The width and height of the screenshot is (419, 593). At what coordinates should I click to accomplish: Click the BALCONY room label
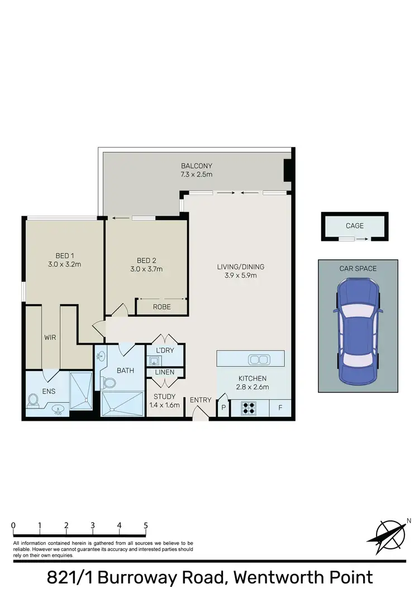click(x=196, y=166)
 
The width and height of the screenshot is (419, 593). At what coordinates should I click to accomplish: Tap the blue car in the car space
click(x=358, y=331)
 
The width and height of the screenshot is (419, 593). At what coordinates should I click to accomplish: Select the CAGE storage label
click(x=355, y=226)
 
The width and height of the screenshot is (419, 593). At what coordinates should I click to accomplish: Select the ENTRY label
click(x=201, y=400)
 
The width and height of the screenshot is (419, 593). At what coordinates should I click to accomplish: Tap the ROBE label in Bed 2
click(x=161, y=307)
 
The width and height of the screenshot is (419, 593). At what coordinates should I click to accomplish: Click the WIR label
click(x=50, y=338)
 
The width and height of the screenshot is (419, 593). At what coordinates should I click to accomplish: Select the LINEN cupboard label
click(x=165, y=372)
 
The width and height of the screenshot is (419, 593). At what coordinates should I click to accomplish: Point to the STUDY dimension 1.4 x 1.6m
click(x=165, y=405)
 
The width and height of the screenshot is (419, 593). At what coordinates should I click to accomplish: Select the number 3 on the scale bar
click(x=93, y=525)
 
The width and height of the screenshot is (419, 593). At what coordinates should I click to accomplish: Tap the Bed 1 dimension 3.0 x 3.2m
click(x=65, y=264)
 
